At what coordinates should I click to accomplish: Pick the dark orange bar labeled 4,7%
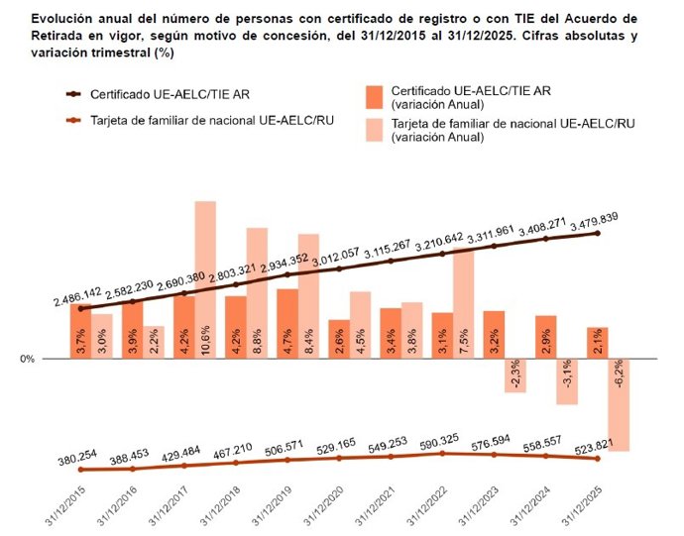tap(286, 323)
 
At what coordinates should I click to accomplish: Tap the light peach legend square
tap(373, 129)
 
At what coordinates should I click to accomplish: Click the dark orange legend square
tap(373, 96)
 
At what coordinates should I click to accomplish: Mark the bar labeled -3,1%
tap(566, 381)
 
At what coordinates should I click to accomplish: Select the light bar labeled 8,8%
tap(257, 293)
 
